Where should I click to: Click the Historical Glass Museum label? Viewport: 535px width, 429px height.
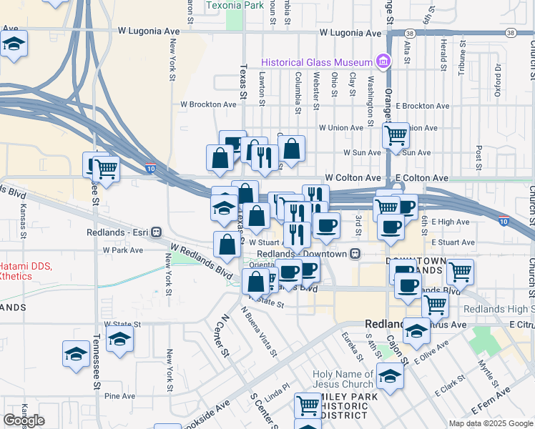tap(318, 61)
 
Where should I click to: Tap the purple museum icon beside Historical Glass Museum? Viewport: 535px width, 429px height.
tap(384, 61)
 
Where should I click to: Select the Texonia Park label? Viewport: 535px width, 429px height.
tap(235, 5)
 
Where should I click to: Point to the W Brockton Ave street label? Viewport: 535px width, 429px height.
tap(208, 104)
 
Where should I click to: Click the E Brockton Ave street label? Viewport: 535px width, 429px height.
tap(422, 106)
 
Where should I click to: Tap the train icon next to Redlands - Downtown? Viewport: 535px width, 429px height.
tap(353, 254)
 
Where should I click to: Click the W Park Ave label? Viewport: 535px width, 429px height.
tap(123, 250)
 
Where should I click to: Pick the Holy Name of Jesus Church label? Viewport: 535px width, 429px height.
tap(343, 379)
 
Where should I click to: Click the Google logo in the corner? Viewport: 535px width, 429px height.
tap(24, 420)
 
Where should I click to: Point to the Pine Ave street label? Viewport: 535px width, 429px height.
tap(119, 395)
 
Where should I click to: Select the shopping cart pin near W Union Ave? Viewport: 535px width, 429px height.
tap(396, 134)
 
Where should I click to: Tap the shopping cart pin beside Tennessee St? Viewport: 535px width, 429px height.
tap(107, 170)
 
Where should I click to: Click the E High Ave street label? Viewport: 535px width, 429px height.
tap(451, 222)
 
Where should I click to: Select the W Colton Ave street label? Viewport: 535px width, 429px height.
tap(353, 177)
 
